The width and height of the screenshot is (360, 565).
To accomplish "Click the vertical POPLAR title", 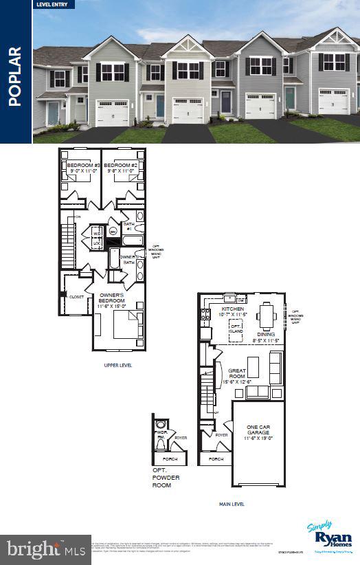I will pyautogui.click(x=16, y=76).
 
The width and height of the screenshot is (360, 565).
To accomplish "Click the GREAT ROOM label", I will pyautogui.click(x=237, y=375).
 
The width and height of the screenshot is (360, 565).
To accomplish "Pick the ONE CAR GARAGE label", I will pyautogui.click(x=258, y=432).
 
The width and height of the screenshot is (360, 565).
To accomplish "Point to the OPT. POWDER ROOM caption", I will pyautogui.click(x=164, y=478).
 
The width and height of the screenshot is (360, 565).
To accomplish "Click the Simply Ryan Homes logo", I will pyautogui.click(x=329, y=537).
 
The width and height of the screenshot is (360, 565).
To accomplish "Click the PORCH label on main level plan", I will pyautogui.click(x=216, y=459).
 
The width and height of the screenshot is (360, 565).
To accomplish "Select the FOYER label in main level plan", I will pyautogui.click(x=221, y=435).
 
